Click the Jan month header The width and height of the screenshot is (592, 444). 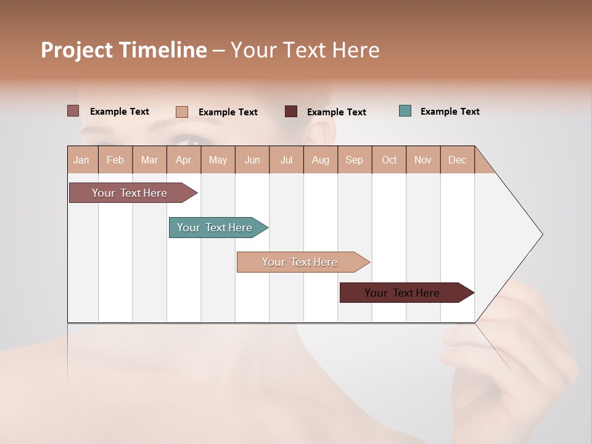coord(82,160)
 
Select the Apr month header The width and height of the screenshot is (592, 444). coord(184,160)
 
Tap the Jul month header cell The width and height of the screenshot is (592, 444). coord(287,160)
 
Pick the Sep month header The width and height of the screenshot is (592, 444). coord(355,160)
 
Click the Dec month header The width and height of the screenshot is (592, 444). coord(458,160)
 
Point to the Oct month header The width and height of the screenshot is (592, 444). coord(389,160)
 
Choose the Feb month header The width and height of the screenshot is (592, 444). coord(115,160)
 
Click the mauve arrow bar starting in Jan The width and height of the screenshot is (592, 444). coord(130,193)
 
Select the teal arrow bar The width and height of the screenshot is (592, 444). coord(215,228)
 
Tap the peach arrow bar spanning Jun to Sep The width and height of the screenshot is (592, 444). coord(300,262)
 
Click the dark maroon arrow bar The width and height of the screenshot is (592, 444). coord(403,293)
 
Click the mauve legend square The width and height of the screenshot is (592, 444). coord(73,111)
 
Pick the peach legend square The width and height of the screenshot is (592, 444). coord(181,112)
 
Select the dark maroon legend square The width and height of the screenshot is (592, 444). coord(291,112)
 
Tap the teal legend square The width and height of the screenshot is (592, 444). coord(405,111)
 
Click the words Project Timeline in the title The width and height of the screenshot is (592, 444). coord(124,50)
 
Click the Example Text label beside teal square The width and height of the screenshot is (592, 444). coord(450,112)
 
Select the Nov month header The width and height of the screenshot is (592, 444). coord(423,160)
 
